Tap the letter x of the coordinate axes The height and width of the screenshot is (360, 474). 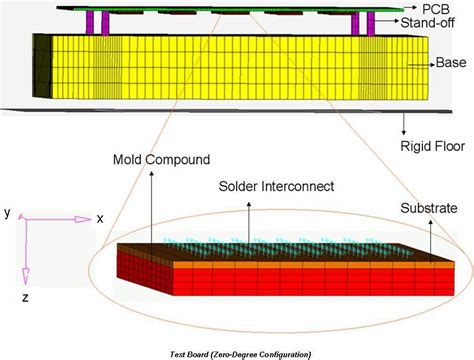99,218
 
